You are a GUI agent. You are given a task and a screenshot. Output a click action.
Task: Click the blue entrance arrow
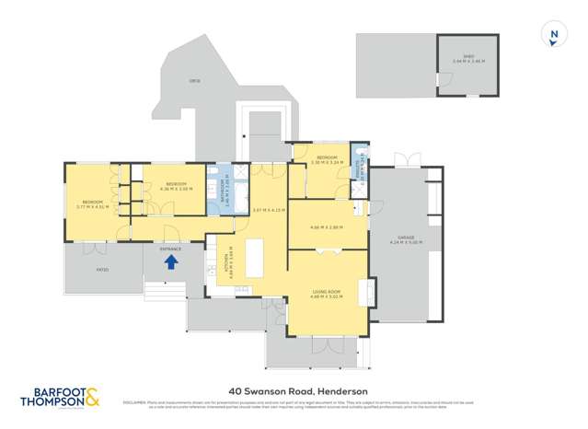pyautogui.click(x=170, y=261)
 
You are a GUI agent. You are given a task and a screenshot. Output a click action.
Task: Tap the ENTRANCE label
pyautogui.click(x=170, y=249)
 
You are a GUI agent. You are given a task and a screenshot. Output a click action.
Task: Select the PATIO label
pyautogui.click(x=102, y=270)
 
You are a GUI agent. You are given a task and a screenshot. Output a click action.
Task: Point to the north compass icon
pyautogui.click(x=554, y=35)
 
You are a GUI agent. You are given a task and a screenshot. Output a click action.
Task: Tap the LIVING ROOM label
pyautogui.click(x=329, y=292)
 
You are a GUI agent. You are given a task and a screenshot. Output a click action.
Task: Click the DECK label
pyautogui.click(x=194, y=81)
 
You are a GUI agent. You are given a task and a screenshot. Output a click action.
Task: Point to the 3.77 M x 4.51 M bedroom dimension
pyautogui.click(x=93, y=206)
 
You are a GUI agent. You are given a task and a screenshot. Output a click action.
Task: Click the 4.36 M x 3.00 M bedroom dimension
pyautogui.click(x=177, y=189)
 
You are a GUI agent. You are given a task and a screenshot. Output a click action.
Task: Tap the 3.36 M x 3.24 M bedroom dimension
pyautogui.click(x=328, y=162)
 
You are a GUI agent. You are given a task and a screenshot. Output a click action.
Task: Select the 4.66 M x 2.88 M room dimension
pyautogui.click(x=327, y=226)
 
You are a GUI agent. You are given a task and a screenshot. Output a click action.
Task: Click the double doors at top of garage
pyautogui.click(x=407, y=163)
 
